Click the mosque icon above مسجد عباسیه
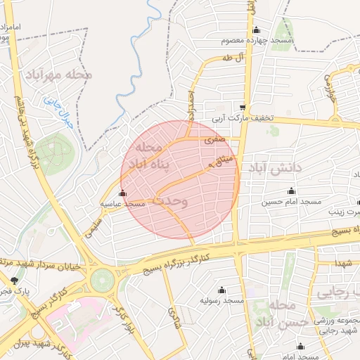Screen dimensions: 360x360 click(x=123, y=193)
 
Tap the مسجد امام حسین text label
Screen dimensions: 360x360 click(x=292, y=202)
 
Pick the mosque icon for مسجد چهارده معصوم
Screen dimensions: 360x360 click(x=256, y=30)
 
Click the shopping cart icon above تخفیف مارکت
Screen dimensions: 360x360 click(x=243, y=108)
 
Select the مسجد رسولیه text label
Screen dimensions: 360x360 click(x=222, y=300)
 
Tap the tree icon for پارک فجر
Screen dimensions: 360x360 click(x=15, y=280)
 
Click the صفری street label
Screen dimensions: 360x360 click(x=213, y=141)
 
